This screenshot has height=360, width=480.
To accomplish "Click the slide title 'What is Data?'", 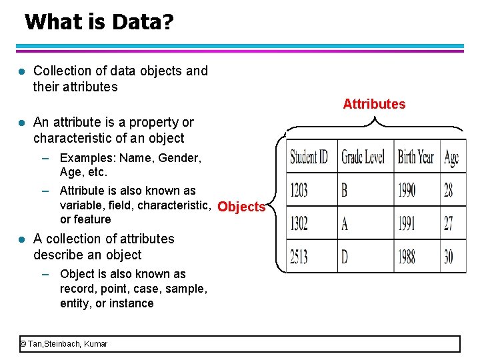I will point(99,22).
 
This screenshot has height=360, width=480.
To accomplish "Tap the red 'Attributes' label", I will point(374,104).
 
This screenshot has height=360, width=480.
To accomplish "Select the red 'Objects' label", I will point(241,207).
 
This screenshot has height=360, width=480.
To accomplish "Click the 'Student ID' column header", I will point(309,157).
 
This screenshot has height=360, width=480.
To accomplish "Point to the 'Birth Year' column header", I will point(415,157).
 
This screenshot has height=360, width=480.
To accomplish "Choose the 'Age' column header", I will point(451,157).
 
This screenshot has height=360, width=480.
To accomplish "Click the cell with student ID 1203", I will point(299,191).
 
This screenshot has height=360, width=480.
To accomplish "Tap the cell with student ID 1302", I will point(299,223).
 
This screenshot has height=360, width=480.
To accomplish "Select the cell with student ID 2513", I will point(299,256).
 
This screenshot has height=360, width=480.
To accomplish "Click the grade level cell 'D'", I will point(345,256).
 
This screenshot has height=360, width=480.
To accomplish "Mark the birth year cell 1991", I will point(407,223).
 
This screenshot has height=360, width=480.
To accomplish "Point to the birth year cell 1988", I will point(407,256).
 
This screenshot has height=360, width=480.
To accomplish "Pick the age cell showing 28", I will point(449,191).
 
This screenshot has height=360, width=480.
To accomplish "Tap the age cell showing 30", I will point(449,256).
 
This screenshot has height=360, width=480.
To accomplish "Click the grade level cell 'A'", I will point(345,223).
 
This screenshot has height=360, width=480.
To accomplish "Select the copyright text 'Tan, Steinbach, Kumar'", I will point(67,344).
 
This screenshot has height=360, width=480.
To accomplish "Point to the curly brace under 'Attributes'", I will point(375,124).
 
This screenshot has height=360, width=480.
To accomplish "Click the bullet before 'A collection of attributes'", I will point(21,239).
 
